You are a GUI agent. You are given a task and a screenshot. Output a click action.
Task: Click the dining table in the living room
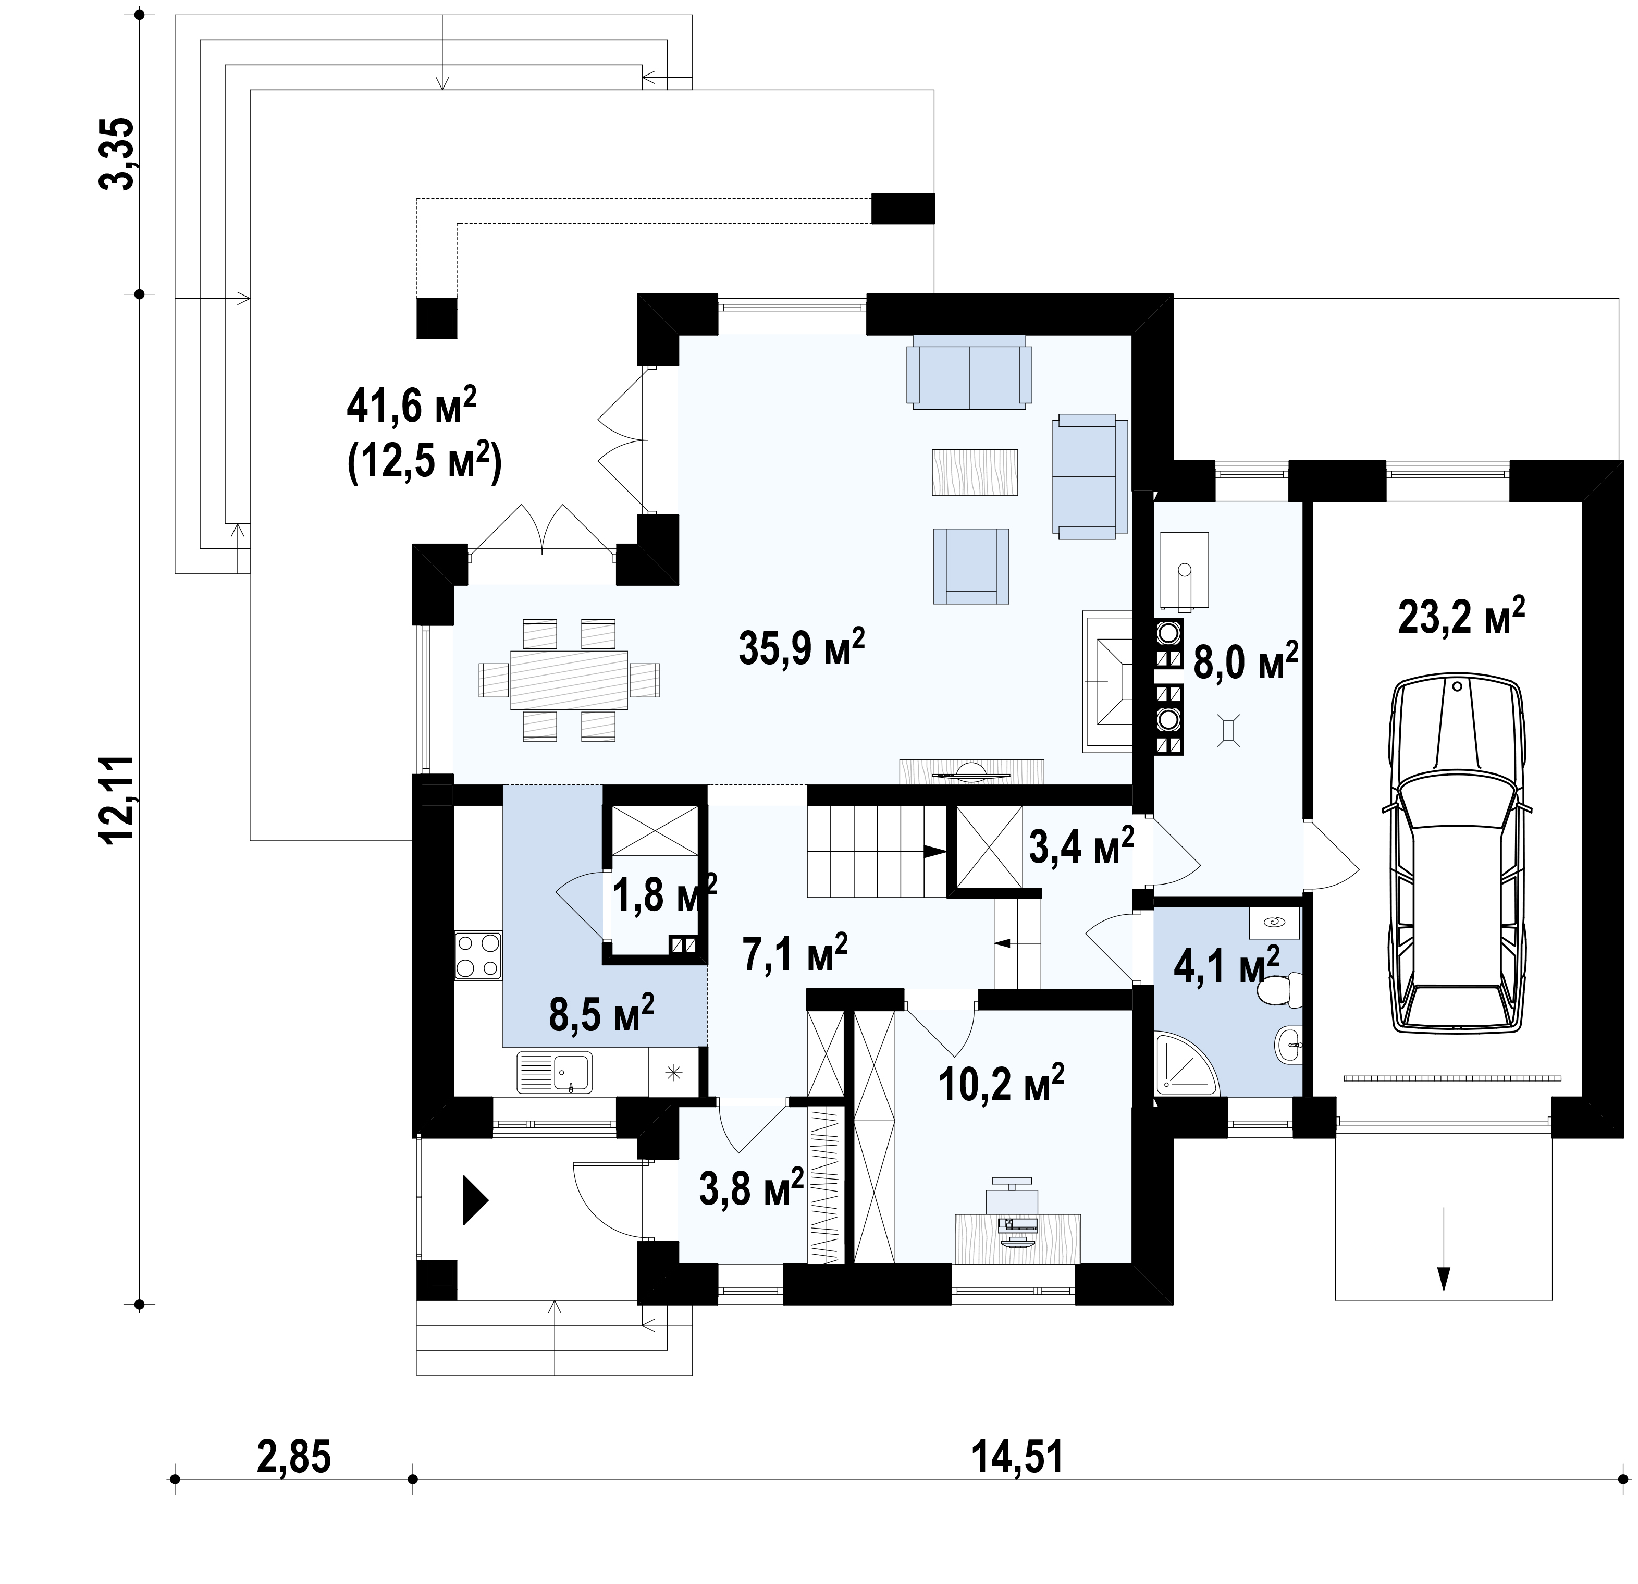[x=569, y=679]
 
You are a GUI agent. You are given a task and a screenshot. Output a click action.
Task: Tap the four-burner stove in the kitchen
[x=478, y=955]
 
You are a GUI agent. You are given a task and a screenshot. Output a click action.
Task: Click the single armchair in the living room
[x=971, y=566]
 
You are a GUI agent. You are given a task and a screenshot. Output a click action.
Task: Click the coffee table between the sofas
[x=975, y=472]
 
